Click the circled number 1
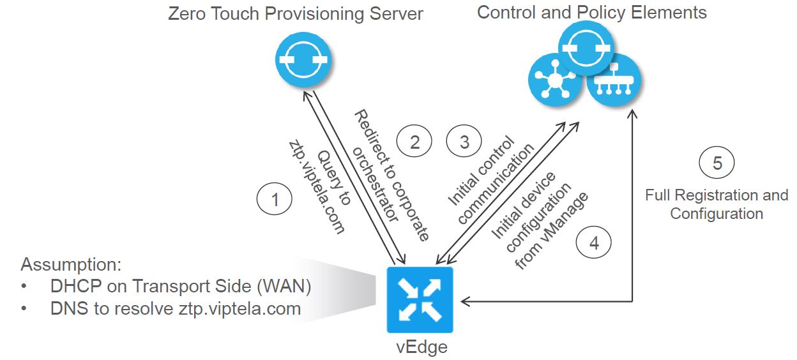coord(275,200)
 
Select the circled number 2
coord(414,142)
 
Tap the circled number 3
coord(464,142)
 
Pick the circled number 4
coord(594,243)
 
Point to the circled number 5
coord(717,163)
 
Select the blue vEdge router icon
coord(420,300)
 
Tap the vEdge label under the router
coord(420,347)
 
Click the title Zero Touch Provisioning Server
coord(295,14)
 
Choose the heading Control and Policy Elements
coord(592,12)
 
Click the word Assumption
coord(71,265)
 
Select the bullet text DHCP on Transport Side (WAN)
coord(181,287)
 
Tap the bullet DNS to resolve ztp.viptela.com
coord(176,309)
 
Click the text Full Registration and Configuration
coord(717,204)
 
